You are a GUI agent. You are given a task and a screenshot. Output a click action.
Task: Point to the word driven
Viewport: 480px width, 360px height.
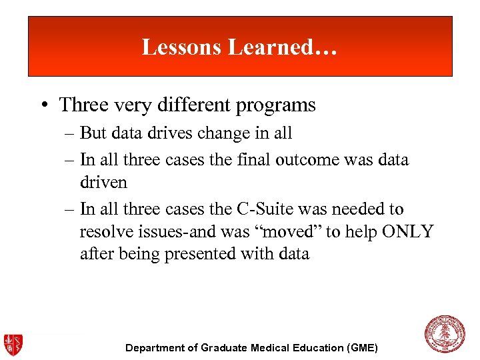(103, 182)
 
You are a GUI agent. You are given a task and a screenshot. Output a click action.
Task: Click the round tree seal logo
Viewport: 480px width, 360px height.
(444, 334)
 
